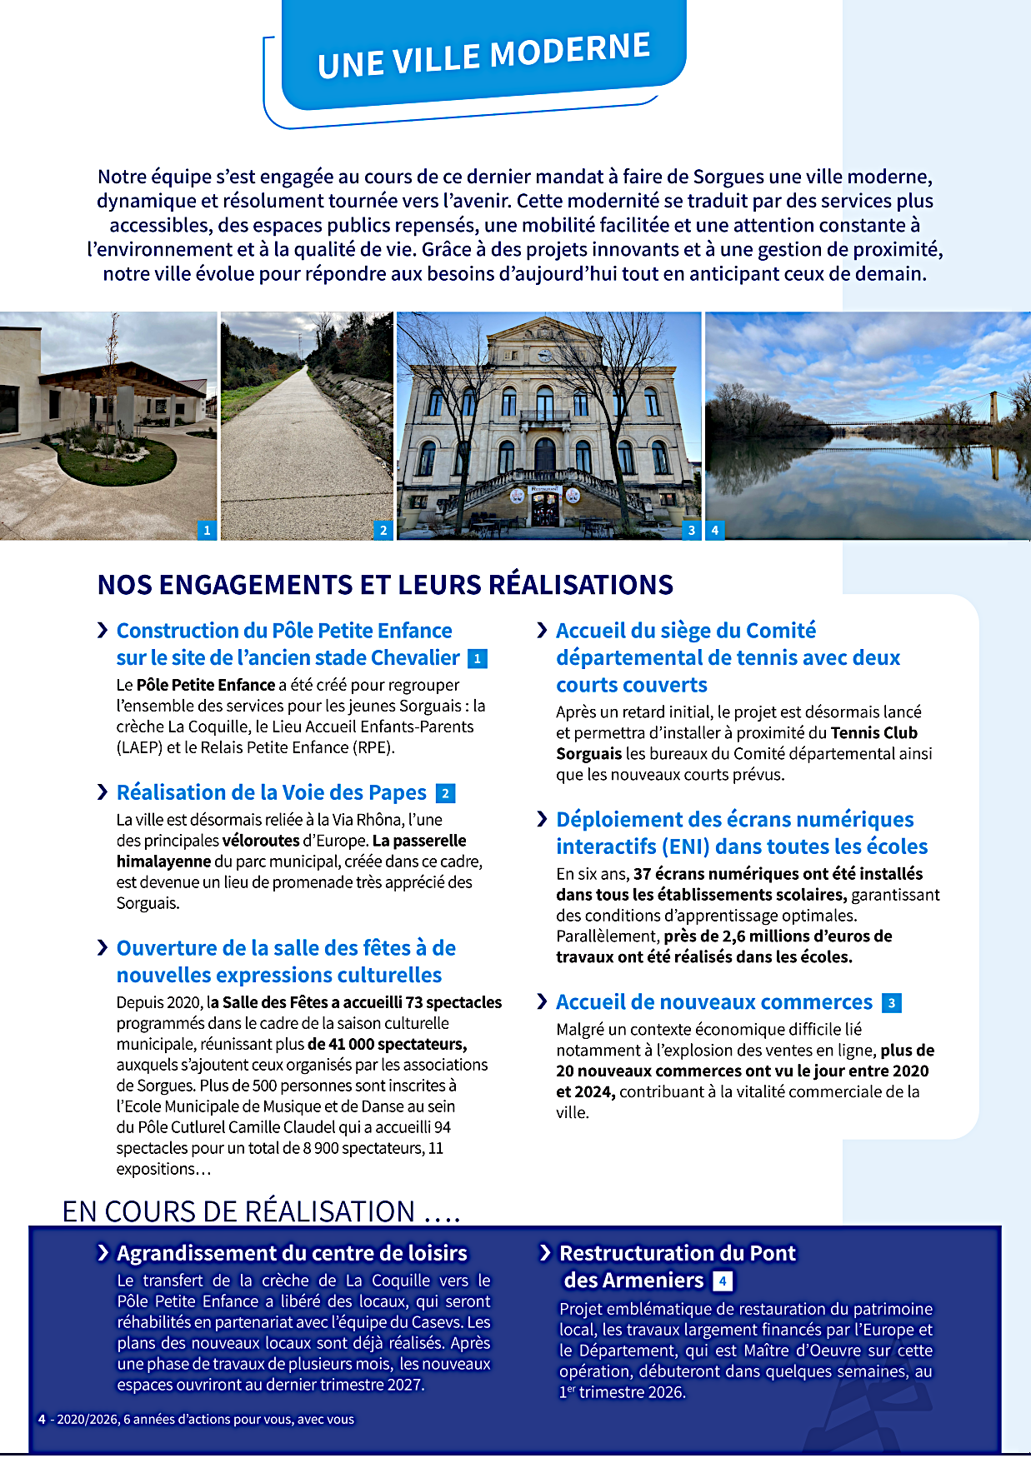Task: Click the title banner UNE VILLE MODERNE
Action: point(483,55)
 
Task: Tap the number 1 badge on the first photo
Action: point(207,530)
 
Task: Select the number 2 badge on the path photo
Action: point(383,530)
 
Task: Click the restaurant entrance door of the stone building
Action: point(545,508)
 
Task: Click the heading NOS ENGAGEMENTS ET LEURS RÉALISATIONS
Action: point(385,585)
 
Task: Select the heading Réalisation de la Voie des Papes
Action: point(272,792)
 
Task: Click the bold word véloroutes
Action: point(261,841)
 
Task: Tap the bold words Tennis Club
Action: point(874,733)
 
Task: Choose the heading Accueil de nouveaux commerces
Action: point(714,1002)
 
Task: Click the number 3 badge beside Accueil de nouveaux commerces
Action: point(892,1003)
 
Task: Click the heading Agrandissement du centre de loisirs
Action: point(292,1253)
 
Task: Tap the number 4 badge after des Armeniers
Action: point(723,1281)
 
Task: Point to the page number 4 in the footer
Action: point(42,1420)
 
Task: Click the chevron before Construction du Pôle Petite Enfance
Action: point(103,631)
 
